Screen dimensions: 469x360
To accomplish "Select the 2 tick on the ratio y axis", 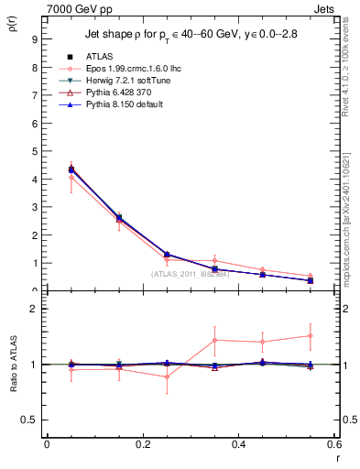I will (34, 309).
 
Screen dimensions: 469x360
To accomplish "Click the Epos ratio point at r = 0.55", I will (311, 335).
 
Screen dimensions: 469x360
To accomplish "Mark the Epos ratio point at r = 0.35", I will (214, 340).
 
